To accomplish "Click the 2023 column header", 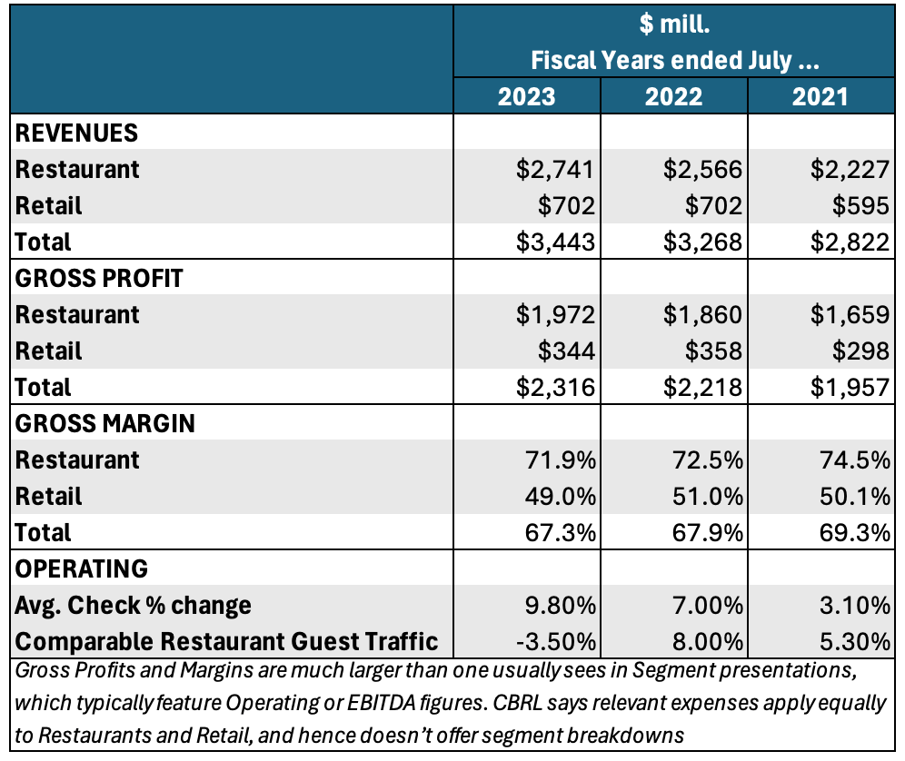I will coord(526,96).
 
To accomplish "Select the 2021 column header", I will coord(820,96).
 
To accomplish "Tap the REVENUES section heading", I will coord(77,133).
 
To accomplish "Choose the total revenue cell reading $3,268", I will coord(702,242).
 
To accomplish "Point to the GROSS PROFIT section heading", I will coord(99,278).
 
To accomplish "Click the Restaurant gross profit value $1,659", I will coord(850,314).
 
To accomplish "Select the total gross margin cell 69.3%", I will coord(853,532).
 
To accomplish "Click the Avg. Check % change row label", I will coord(134,605).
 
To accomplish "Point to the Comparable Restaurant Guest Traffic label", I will coord(227,641).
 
